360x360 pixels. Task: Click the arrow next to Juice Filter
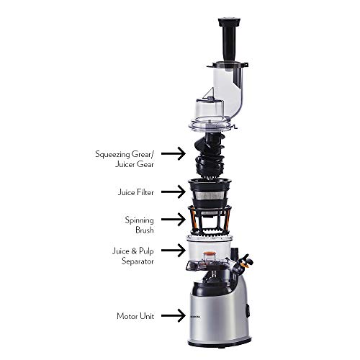(169, 192)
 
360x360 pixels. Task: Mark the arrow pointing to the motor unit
(169, 315)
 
